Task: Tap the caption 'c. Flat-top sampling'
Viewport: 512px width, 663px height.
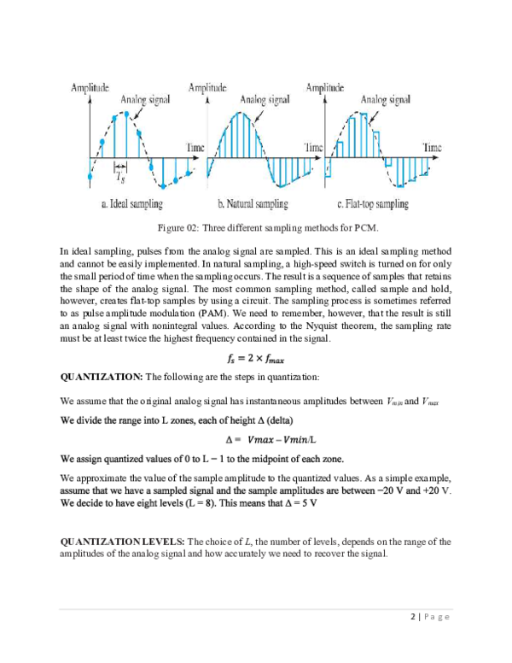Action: [373, 205]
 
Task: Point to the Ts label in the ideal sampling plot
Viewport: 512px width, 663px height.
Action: [120, 174]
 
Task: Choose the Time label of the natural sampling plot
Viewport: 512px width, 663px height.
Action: [315, 148]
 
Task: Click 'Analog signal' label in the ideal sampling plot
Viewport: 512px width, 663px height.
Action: [145, 100]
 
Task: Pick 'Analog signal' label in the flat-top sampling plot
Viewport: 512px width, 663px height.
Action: [387, 100]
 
